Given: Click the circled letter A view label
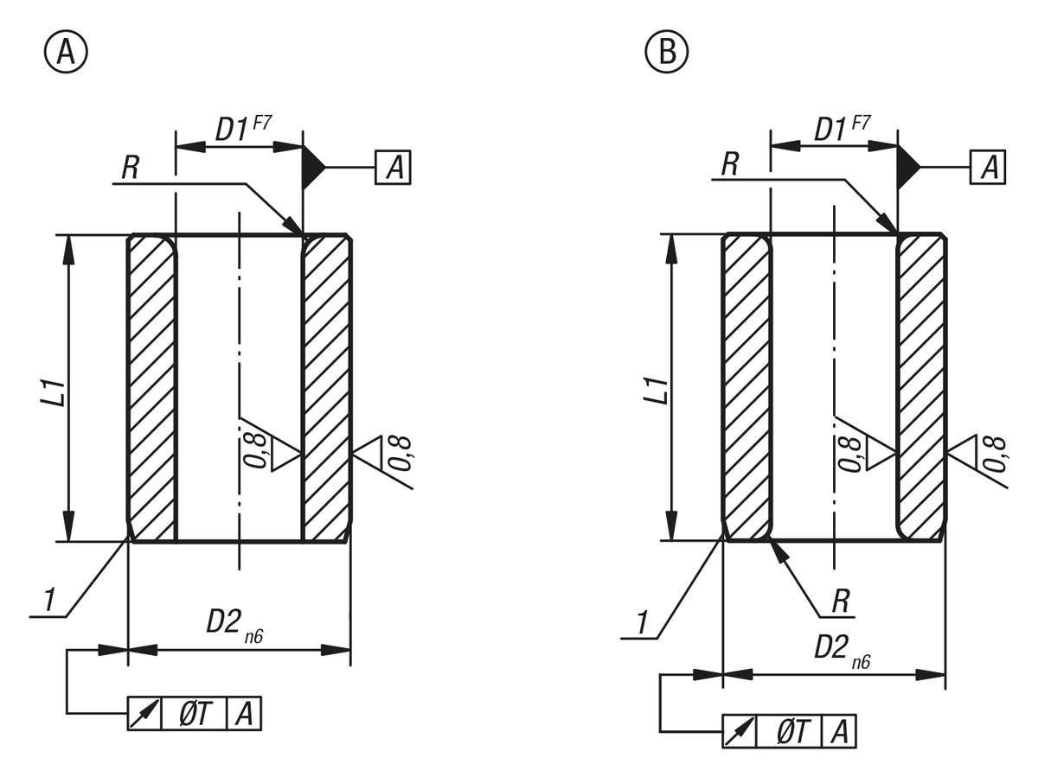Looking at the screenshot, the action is [66, 52].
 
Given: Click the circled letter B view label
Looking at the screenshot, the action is [666, 52].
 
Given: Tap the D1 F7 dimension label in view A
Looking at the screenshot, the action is [243, 129].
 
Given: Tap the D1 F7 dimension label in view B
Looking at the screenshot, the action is [842, 129].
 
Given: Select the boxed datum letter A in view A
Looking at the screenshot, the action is [393, 167].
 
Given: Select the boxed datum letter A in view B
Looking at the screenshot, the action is [988, 167].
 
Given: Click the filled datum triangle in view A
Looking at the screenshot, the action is [313, 167].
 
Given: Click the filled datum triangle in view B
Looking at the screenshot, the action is [908, 167].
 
